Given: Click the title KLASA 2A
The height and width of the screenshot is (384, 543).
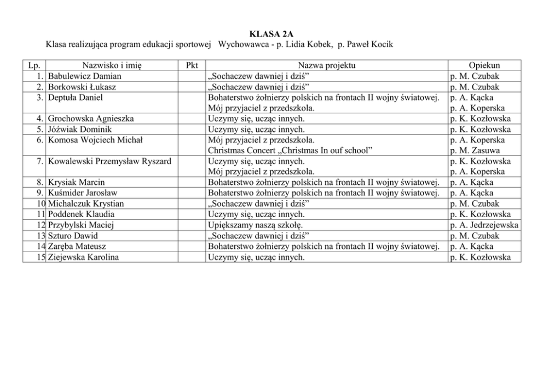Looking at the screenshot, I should (x=271, y=34).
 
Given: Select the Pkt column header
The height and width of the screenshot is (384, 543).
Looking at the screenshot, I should (x=192, y=66).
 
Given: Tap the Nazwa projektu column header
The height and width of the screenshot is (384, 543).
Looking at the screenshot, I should (x=327, y=66).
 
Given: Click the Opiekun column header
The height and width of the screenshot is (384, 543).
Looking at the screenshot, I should (x=484, y=66).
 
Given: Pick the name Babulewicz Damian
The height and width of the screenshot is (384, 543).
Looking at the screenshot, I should (x=85, y=77).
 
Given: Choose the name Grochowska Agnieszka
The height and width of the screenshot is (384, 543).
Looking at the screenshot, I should (x=91, y=119).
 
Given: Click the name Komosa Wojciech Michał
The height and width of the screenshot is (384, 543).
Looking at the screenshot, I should (x=95, y=140).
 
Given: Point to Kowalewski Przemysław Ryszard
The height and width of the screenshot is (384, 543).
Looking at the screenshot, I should (x=109, y=161).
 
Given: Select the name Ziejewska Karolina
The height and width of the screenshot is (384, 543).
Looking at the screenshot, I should (x=83, y=257).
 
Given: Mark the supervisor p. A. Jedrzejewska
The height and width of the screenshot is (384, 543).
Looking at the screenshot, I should (x=484, y=225).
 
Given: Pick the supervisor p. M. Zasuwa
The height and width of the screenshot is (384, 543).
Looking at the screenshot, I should (x=475, y=150).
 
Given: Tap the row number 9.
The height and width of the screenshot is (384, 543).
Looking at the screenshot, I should (x=39, y=193).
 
